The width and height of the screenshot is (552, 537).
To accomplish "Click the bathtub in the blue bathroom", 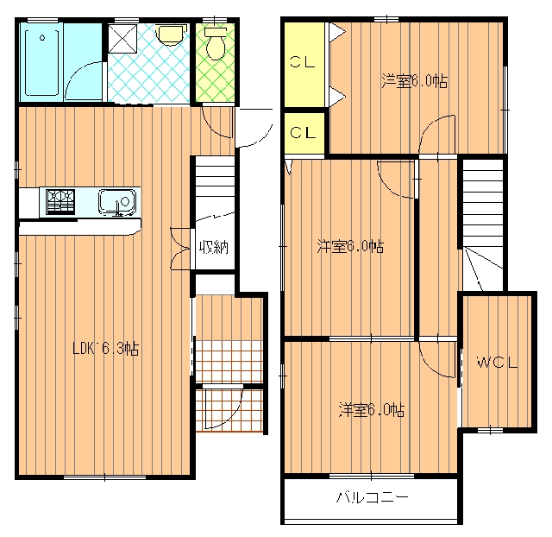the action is (42, 63).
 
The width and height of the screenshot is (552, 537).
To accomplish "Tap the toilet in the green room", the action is (215, 43).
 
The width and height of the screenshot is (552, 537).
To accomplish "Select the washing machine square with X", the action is (122, 38).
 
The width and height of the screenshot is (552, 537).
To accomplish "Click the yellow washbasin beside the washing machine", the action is (170, 35).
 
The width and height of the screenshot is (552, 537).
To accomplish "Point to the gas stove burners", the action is (60, 201).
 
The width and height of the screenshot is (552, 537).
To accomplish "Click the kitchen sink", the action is (117, 202).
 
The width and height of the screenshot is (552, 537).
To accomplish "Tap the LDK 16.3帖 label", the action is (105, 349).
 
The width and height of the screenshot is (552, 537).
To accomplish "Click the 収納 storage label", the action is (214, 248).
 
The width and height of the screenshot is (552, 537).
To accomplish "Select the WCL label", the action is (498, 363).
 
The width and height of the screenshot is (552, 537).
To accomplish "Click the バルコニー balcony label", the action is (372, 497).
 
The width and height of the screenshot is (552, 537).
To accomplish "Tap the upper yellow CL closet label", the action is (303, 62).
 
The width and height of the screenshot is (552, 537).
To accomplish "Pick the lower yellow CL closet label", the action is (303, 133).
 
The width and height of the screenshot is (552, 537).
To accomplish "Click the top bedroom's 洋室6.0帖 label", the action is (415, 80).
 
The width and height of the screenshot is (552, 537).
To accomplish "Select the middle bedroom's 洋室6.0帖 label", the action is (350, 246).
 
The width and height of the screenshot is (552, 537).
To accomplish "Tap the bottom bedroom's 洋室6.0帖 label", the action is (372, 409).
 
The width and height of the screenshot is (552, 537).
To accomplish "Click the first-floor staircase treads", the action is (215, 187).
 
